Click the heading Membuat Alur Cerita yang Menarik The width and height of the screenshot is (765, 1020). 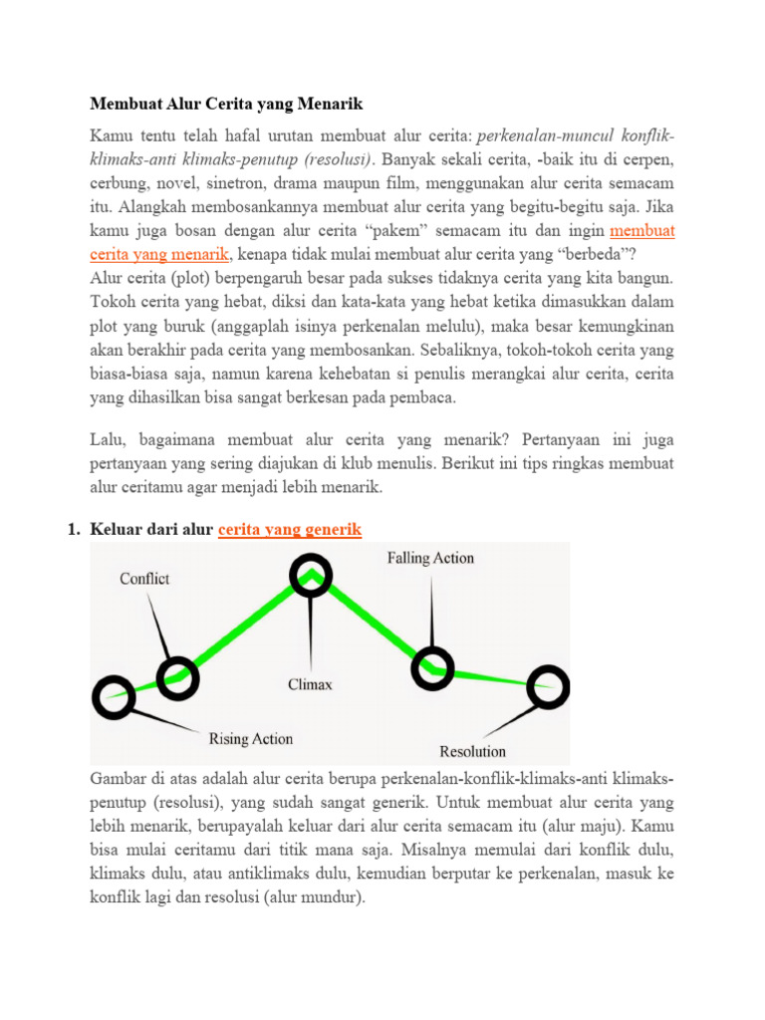pos(227,104)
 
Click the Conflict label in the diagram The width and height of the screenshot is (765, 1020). pos(144,579)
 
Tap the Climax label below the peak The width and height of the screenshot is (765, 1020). pos(311,685)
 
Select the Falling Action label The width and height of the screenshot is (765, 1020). pos(430,559)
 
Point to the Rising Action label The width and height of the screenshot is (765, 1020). pos(251,739)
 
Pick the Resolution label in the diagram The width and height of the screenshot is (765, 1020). pos(472,751)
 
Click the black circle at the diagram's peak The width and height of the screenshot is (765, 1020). pos(311,575)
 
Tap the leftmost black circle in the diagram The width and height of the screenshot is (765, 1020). pos(113,697)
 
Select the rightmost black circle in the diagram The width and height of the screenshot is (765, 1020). pos(547,684)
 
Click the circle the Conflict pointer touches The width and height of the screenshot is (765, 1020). pos(177,678)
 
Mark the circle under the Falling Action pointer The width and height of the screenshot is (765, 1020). pos(433,666)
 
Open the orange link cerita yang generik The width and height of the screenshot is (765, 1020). pos(289,530)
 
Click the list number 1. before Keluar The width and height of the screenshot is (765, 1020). pos(74,530)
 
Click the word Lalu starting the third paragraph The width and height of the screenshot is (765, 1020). pos(106,440)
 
